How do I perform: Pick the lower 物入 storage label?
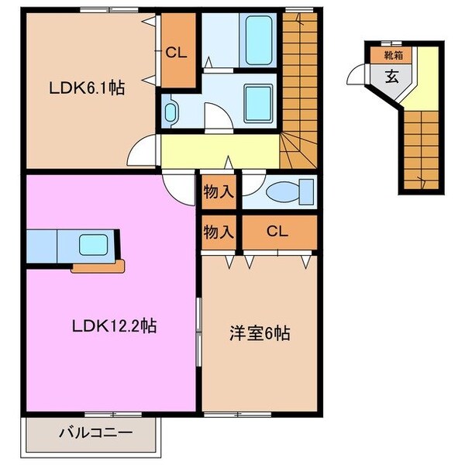[x=219, y=231]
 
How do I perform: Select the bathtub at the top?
[x=254, y=37]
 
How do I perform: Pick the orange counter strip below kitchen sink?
[x=96, y=267]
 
